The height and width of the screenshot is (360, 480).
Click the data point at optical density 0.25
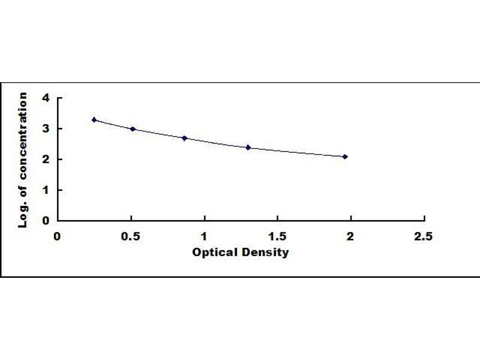click(94, 120)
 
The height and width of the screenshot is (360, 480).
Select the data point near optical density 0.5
click(133, 129)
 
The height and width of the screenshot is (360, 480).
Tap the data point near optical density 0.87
click(185, 138)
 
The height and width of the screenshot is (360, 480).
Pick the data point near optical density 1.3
click(248, 147)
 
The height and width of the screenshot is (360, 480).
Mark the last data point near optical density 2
click(345, 157)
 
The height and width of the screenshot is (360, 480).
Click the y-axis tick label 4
click(45, 98)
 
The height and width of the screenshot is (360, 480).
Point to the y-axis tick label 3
click(45, 128)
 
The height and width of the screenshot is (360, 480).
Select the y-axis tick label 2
click(45, 159)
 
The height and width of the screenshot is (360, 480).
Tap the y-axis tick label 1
click(45, 190)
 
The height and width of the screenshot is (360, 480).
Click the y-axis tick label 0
click(45, 220)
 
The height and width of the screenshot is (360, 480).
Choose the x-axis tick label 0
click(58, 236)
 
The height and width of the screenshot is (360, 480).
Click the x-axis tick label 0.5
click(131, 236)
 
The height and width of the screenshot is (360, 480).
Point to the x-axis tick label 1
click(205, 236)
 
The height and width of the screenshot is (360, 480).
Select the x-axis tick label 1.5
click(277, 236)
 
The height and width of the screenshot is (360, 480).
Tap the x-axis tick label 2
click(350, 236)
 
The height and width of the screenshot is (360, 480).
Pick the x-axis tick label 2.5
click(424, 236)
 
